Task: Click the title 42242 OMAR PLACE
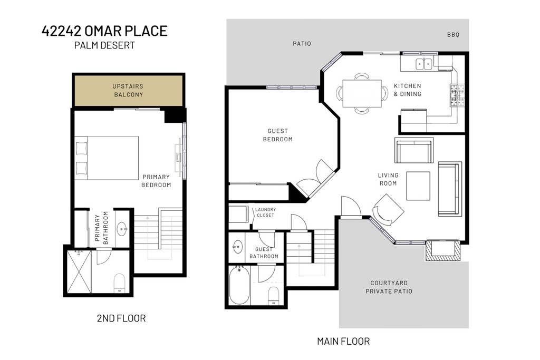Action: tap(104, 31)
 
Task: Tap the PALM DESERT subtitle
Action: tap(104, 45)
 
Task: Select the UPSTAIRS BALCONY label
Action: tap(128, 91)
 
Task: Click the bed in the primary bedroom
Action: tap(108, 157)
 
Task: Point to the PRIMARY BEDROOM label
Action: tap(157, 181)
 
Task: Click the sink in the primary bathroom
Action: tap(122, 229)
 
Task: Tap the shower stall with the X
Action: tap(79, 271)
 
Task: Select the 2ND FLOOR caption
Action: tap(121, 318)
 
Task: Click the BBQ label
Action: tap(453, 35)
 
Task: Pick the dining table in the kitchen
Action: tap(362, 93)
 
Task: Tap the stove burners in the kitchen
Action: tap(457, 94)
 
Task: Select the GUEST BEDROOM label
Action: tap(280, 135)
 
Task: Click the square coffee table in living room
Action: tap(418, 186)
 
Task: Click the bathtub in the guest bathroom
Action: tap(239, 285)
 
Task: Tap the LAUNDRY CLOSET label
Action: tap(266, 212)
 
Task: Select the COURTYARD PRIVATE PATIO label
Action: tap(391, 287)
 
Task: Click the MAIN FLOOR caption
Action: tap(343, 341)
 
